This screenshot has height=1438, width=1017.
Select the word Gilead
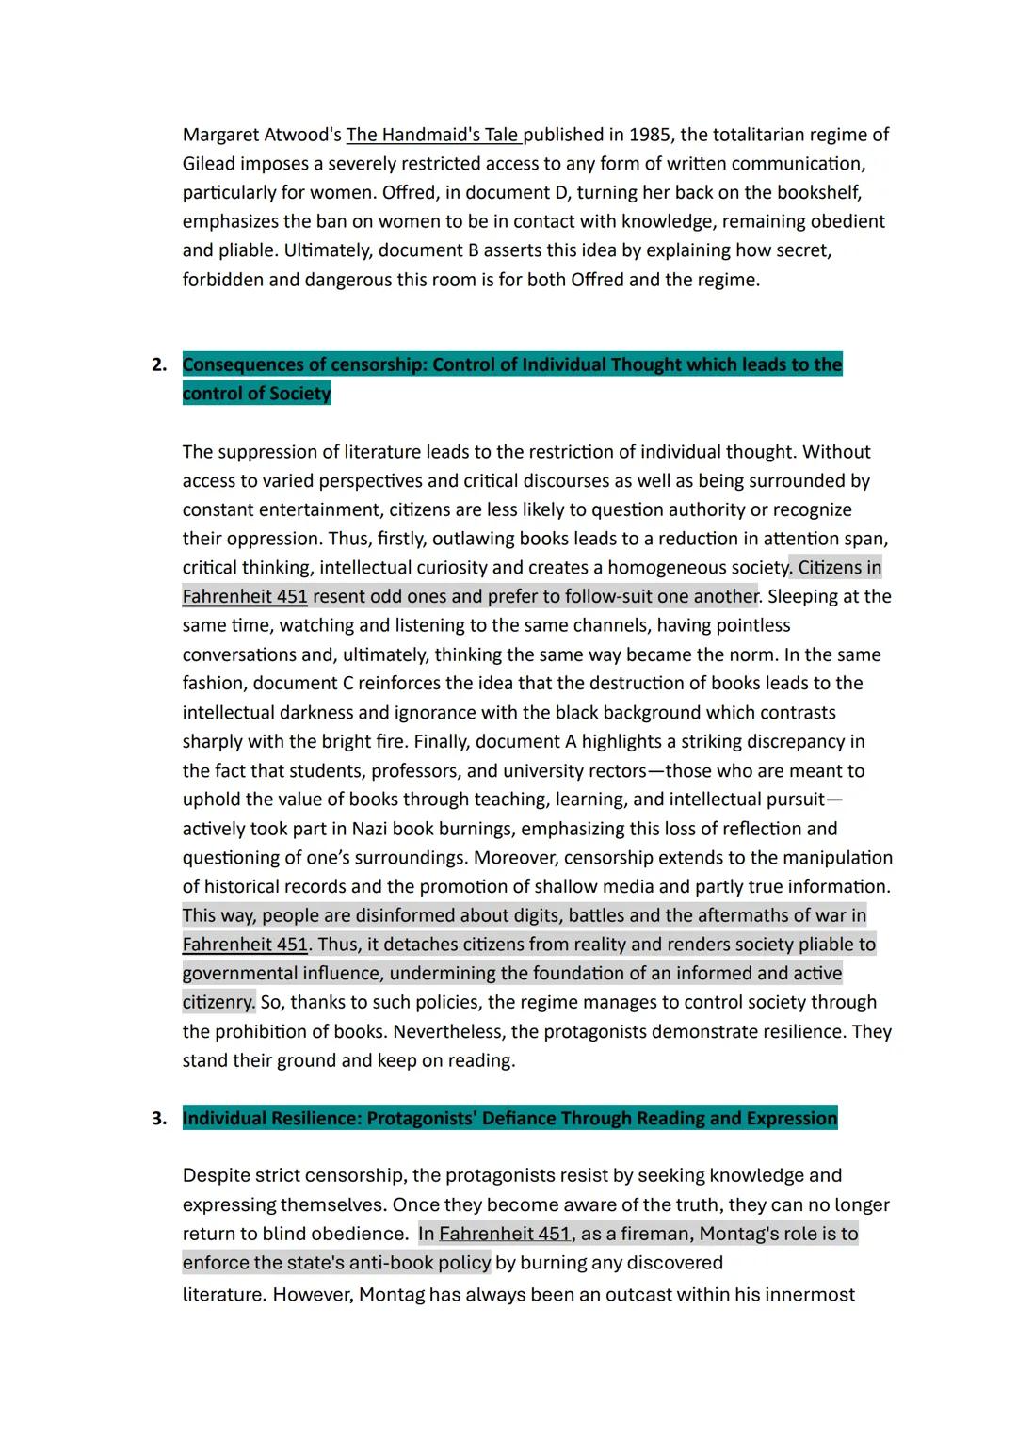click(x=208, y=164)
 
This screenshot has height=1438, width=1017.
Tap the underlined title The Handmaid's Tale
click(x=433, y=135)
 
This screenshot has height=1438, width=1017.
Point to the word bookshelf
click(x=817, y=192)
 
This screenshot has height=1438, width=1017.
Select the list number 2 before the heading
click(x=158, y=365)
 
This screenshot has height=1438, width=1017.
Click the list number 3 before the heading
click(x=158, y=1119)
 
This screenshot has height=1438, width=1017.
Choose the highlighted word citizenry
click(x=218, y=1002)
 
